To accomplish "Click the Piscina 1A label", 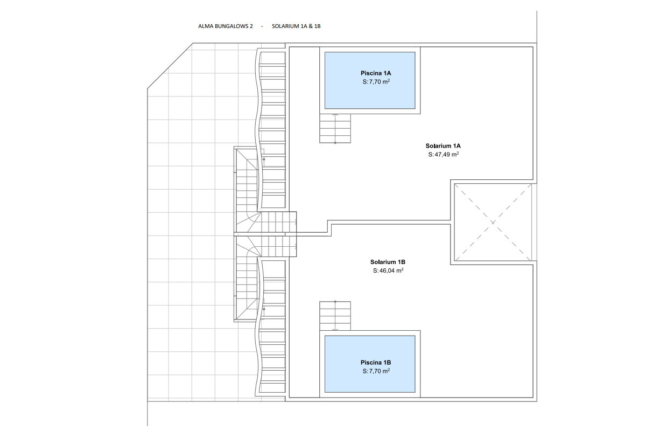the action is pyautogui.click(x=376, y=73).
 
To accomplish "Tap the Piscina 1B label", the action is pyautogui.click(x=376, y=363).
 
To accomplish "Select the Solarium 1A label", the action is pyautogui.click(x=443, y=146).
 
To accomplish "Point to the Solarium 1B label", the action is pyautogui.click(x=388, y=262).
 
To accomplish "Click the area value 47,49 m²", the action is pyautogui.click(x=447, y=155).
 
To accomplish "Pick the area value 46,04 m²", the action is pyautogui.click(x=391, y=270).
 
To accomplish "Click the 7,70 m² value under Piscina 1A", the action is pyautogui.click(x=380, y=82).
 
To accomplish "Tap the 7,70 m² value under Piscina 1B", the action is pyautogui.click(x=380, y=371).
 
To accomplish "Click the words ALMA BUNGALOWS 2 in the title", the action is pyautogui.click(x=225, y=26).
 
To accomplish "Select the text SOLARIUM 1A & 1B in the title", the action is pyautogui.click(x=296, y=26).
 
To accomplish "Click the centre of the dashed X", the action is pyautogui.click(x=493, y=223).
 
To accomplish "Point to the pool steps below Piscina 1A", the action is pyautogui.click(x=335, y=128).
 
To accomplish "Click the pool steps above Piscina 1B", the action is pyautogui.click(x=335, y=316).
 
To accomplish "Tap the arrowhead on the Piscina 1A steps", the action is pyautogui.click(x=335, y=115).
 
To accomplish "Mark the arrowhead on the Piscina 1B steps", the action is pyautogui.click(x=335, y=329).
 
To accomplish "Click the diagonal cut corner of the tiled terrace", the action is pyautogui.click(x=170, y=66).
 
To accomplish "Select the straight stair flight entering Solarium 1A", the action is pyautogui.click(x=279, y=222).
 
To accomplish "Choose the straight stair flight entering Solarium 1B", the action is pyautogui.click(x=279, y=246).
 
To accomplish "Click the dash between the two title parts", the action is pyautogui.click(x=262, y=26).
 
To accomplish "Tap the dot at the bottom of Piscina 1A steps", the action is pyautogui.click(x=335, y=143).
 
